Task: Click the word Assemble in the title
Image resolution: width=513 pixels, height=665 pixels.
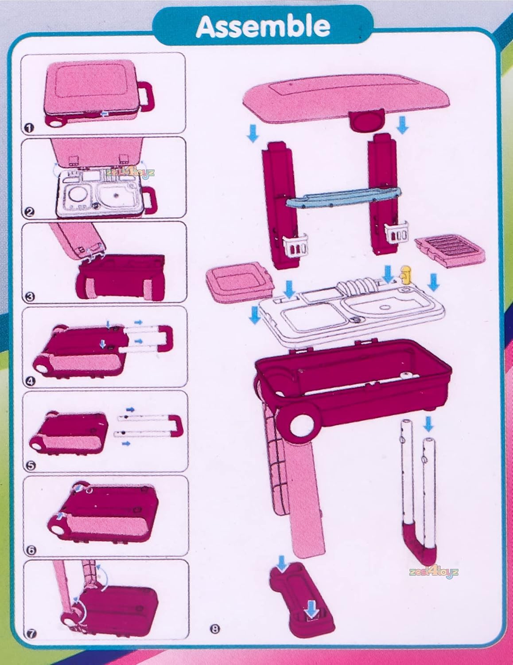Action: click(263, 27)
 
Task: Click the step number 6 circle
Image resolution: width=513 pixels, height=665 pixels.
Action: click(30, 550)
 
